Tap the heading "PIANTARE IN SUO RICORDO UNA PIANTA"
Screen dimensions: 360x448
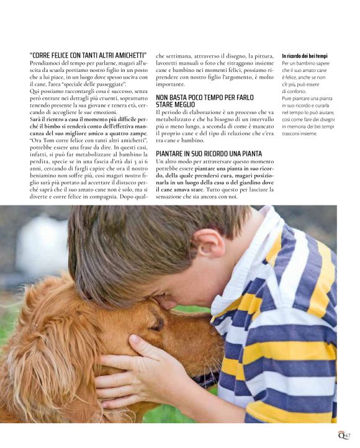point(209,153)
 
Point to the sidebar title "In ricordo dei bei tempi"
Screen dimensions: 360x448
point(304,56)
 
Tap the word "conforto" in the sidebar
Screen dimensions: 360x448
point(295,91)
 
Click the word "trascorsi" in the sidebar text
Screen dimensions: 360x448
point(294,133)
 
